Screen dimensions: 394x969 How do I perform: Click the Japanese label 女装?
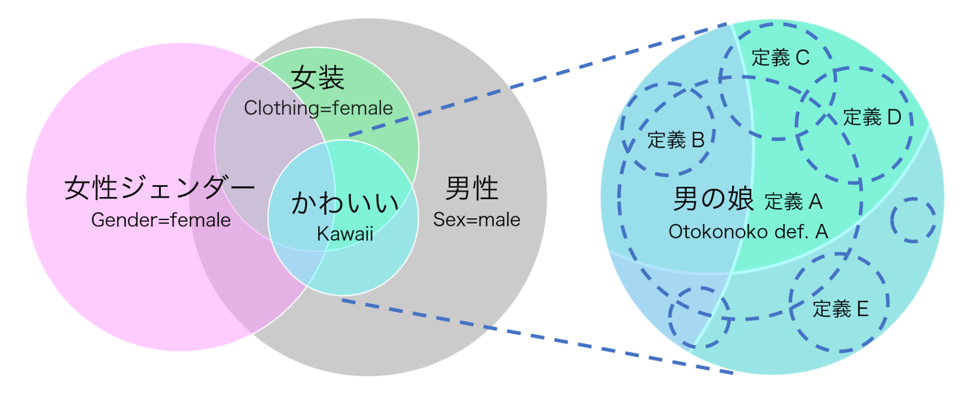[318, 78]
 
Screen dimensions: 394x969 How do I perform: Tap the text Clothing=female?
[318, 108]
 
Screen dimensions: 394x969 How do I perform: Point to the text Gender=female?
[161, 220]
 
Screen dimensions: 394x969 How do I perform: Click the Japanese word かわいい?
[345, 204]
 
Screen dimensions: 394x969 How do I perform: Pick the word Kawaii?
[345, 234]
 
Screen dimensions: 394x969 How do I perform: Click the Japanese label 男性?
[472, 188]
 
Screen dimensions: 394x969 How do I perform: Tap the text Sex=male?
[477, 219]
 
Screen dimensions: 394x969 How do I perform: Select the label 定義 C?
[781, 58]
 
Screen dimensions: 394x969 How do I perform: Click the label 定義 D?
[872, 117]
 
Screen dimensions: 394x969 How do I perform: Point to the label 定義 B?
[676, 140]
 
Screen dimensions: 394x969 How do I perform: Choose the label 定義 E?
[841, 309]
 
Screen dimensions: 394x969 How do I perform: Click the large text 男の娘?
[713, 199]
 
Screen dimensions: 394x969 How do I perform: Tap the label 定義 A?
[794, 202]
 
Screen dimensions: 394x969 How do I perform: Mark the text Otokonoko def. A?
[748, 232]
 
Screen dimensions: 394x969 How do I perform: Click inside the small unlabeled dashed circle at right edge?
[913, 220]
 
